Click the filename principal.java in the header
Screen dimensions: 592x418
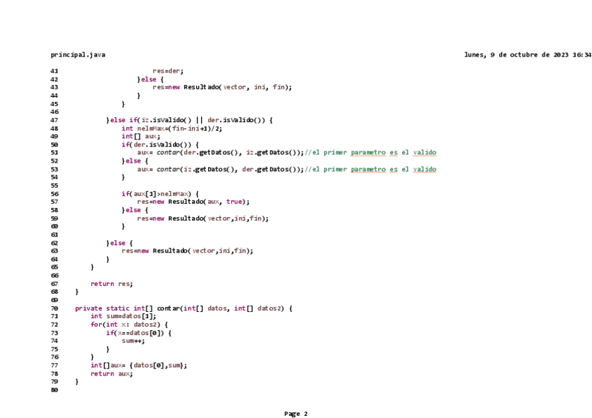pyautogui.click(x=78, y=54)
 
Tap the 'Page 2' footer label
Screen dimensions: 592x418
pyautogui.click(x=295, y=414)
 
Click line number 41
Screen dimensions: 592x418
pyautogui.click(x=54, y=70)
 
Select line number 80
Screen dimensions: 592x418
pyautogui.click(x=54, y=390)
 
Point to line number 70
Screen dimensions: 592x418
pyautogui.click(x=54, y=308)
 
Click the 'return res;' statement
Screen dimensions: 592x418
pyautogui.click(x=111, y=283)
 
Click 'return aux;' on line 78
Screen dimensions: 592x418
pyautogui.click(x=111, y=373)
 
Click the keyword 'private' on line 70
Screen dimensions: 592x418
pyautogui.click(x=88, y=308)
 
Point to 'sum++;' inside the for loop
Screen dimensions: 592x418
pyautogui.click(x=133, y=341)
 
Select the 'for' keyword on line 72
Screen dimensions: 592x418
pyautogui.click(x=96, y=324)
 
